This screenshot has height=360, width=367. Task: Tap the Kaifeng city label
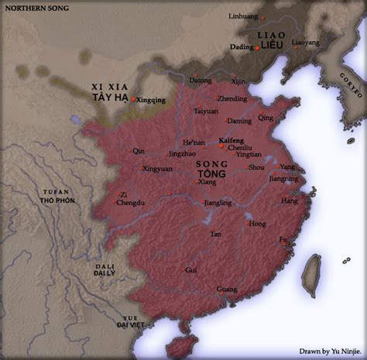coord(232,140)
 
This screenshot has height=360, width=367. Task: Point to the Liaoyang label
coord(305,43)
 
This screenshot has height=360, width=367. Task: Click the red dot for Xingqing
coord(133,100)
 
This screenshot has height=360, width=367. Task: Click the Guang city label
coord(227,290)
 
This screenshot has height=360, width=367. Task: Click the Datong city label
coord(200,80)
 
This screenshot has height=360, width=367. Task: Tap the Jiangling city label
coord(218,203)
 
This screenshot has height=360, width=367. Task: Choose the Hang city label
coord(289,201)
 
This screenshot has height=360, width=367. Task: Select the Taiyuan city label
coord(206,111)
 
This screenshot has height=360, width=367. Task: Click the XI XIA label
coord(106,88)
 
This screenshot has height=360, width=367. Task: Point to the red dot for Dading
coord(258,47)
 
